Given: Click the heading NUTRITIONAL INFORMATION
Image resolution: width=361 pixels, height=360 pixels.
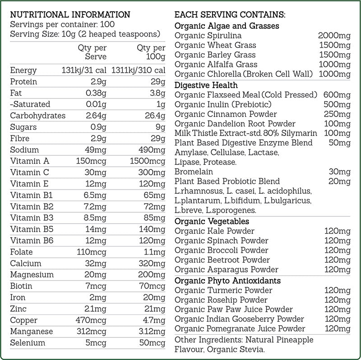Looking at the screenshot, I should click(x=70, y=14).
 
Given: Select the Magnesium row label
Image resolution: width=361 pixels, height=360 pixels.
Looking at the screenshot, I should click(x=32, y=275).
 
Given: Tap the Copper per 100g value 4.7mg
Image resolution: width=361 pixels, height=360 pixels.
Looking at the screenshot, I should click(x=153, y=320).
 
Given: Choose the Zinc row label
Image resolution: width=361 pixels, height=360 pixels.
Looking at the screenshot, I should click(x=19, y=309).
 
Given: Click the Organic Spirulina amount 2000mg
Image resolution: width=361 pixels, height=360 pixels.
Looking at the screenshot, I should click(x=334, y=36).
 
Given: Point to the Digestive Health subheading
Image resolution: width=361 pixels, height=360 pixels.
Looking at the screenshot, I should click(x=206, y=85).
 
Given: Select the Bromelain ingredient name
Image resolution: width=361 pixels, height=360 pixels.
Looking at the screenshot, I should click(x=194, y=172).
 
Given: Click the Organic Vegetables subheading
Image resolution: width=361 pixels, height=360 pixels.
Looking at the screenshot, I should click(x=212, y=221).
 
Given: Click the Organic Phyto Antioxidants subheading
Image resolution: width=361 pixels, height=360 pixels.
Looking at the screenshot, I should click(x=227, y=281).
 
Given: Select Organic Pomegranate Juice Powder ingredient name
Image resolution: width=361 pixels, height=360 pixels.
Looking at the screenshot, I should click(x=240, y=329).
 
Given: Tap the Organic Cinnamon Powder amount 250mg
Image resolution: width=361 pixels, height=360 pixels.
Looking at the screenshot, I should click(x=337, y=114).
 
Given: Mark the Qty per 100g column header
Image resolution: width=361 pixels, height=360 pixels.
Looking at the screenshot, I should click(x=151, y=52).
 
